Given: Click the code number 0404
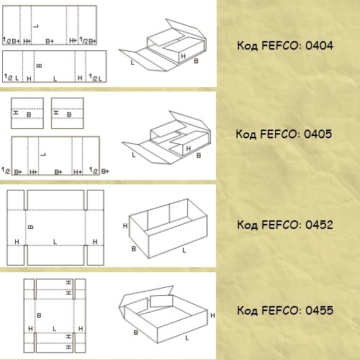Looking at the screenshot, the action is pos(319,45).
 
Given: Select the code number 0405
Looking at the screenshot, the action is pos(318,134).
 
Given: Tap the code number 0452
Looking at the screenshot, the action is pos(319,225).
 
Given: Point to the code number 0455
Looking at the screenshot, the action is pos(319,310).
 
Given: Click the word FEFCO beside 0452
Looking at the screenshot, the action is pos(280,225).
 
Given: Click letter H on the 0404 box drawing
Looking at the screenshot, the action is pos(183,56).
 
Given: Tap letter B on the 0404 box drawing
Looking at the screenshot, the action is pos(196,61).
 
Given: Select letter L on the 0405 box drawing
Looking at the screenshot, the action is pos(134,155).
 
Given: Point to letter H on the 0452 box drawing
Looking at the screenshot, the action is pos(125,225).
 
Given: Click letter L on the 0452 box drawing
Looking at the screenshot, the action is pos(184,251).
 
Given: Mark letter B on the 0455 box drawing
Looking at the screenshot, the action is pos(136,333).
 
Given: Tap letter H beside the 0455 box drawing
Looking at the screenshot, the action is pos(212,315).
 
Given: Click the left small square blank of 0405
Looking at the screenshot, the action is pos(27,113).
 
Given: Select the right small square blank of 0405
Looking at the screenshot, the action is pos(68,113).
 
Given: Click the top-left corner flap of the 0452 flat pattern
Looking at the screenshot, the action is pos(16,200).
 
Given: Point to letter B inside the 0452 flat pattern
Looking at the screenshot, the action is pos(31,227).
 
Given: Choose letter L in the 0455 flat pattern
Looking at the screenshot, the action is pos(54,328).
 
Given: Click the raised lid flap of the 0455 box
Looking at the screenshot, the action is pos(146,297).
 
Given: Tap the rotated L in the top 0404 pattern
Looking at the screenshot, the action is pos(36,26).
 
